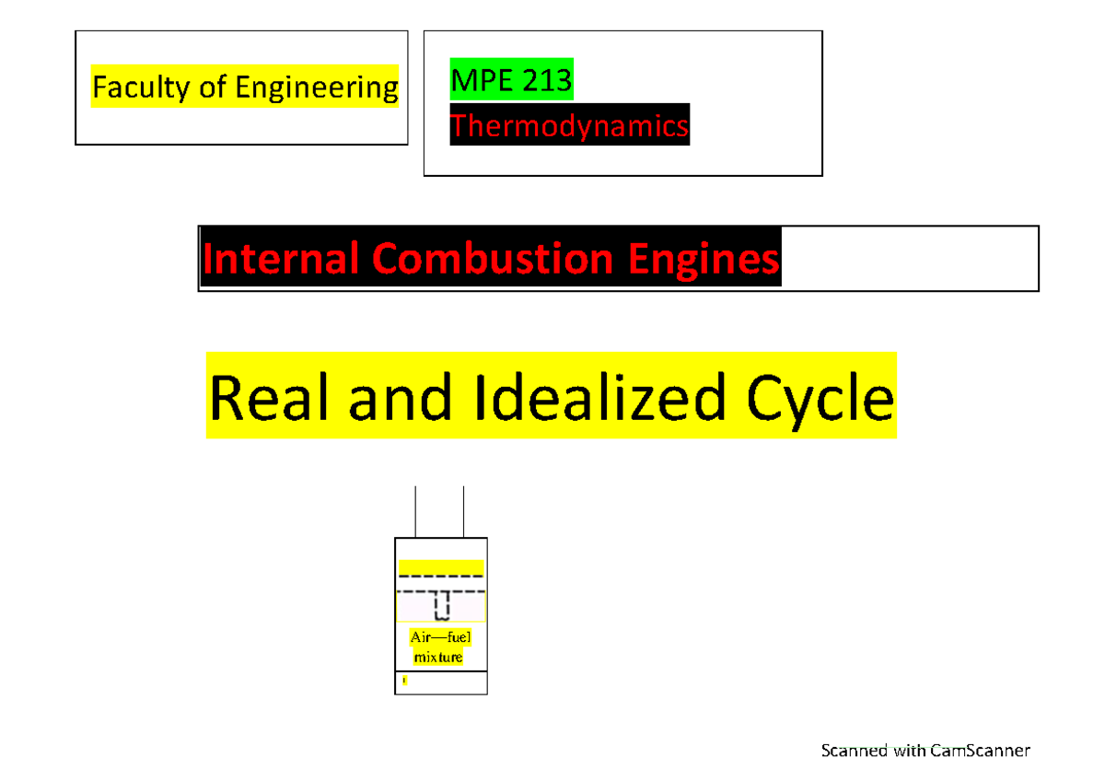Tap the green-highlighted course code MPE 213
[511, 83]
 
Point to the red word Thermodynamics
[569, 125]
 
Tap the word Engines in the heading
[701, 259]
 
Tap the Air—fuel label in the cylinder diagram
[440, 637]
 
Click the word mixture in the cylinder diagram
[438, 658]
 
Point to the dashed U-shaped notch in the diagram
[441, 604]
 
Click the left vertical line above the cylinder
[416, 512]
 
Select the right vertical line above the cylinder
[463, 512]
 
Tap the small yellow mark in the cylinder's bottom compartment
[404, 682]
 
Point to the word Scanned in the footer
[854, 751]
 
